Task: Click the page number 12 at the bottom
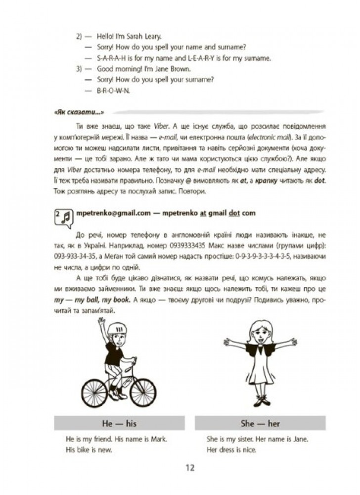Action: [190, 468]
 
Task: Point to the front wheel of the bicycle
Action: [143, 388]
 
